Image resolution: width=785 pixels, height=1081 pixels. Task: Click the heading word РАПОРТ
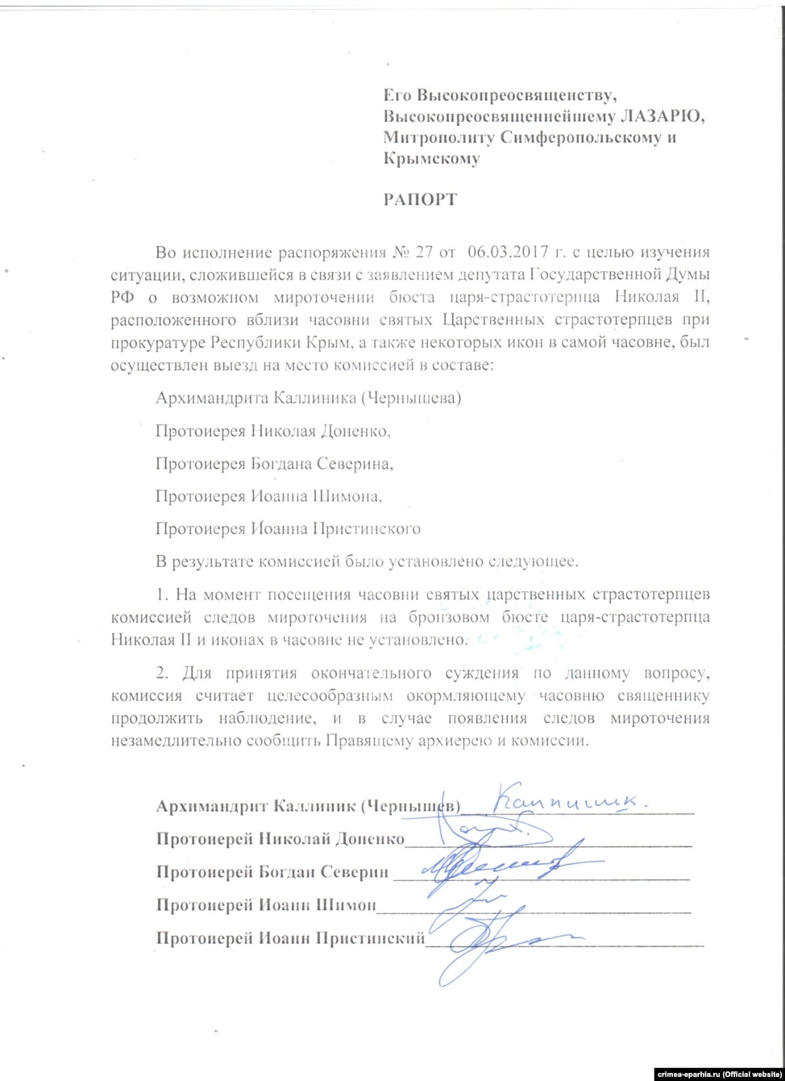[419, 199]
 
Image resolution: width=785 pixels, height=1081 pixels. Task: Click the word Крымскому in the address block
[431, 159]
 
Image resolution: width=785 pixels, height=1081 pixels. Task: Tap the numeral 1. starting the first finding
[162, 595]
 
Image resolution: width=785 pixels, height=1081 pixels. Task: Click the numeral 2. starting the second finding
[162, 672]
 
